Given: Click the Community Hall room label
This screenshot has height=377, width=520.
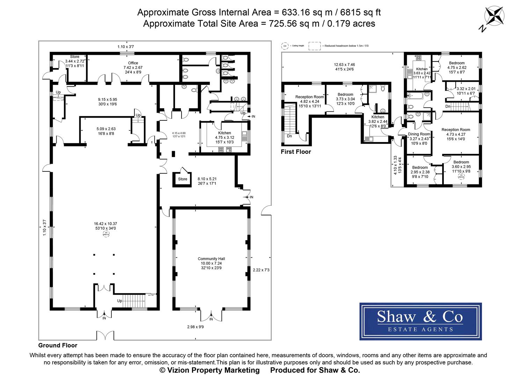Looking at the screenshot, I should [211, 259].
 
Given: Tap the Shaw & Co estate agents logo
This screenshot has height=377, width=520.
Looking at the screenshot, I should [420, 321].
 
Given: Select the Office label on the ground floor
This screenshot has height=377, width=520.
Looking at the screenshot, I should [133, 63].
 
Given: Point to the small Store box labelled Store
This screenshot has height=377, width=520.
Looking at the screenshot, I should [182, 179].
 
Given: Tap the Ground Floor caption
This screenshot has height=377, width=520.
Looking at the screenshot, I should [58, 346].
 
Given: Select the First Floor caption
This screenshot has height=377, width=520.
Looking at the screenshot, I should [295, 151].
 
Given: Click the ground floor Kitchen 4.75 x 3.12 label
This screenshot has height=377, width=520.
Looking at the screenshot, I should [224, 133].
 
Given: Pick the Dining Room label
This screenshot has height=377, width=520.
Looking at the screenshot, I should [419, 134].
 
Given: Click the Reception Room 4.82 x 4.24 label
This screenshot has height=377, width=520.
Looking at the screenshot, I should [309, 97].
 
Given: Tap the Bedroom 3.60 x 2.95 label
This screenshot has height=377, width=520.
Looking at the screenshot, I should [461, 162].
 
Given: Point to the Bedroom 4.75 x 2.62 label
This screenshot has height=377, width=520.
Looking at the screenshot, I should [457, 63].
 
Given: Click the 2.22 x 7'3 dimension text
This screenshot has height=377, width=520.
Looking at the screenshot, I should [261, 270].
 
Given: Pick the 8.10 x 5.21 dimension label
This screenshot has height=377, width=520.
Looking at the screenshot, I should [207, 178].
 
